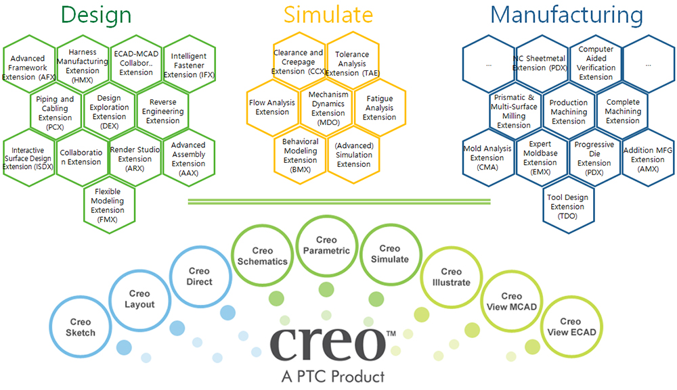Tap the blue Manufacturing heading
click(566, 15)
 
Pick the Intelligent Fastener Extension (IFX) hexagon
click(189, 66)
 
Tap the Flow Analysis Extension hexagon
click(272, 107)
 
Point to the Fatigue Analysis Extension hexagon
click(379, 107)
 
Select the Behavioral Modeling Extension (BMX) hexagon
click(300, 155)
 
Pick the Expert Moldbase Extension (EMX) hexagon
click(540, 157)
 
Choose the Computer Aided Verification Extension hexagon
click(596, 63)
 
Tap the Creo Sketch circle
click(81, 327)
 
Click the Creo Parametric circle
click(326, 245)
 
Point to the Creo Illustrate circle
click(446, 276)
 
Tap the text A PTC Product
click(332, 376)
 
